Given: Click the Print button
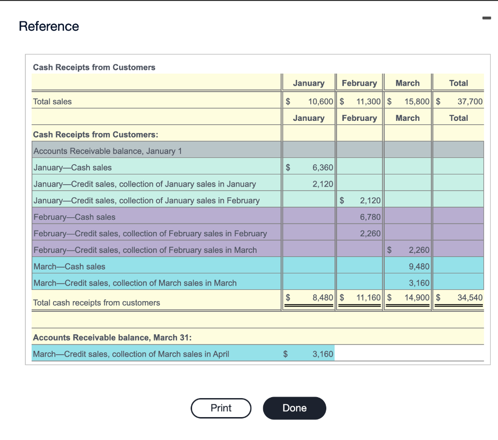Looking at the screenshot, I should point(221,408).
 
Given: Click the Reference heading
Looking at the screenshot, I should point(49,26).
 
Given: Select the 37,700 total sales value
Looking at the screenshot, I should point(470,101).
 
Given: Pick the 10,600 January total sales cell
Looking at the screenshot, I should point(320,101).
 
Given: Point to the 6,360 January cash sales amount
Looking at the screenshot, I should point(322,168).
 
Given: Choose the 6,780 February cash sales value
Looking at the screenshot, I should point(370,217).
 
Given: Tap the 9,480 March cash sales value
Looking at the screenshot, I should point(419,267).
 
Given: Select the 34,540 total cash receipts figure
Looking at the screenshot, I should point(470,297).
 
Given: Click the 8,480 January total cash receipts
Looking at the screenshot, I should point(322,297).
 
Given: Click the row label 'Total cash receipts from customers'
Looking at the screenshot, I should point(96,303).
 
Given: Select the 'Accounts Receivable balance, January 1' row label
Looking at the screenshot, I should point(107,151).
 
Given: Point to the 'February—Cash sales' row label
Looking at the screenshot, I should point(74,217).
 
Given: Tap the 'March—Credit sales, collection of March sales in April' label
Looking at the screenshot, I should point(131,354).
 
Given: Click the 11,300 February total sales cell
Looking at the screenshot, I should point(369,101).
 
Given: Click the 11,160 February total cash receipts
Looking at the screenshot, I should point(369,297).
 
